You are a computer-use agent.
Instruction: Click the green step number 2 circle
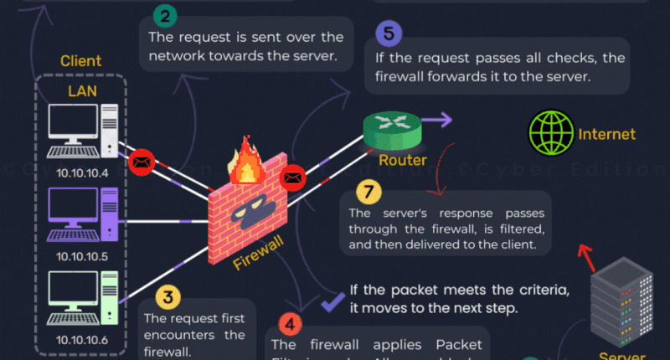coord(164,15)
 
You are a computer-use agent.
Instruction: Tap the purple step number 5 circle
coord(388,35)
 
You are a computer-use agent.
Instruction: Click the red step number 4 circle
coord(289,324)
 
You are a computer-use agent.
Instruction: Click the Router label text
coord(403,160)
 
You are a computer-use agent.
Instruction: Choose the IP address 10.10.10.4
coord(81,172)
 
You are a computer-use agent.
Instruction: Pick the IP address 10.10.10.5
coord(81,255)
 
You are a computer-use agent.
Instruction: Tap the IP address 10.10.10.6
coord(81,339)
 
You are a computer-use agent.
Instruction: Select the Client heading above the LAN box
coord(80,61)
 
